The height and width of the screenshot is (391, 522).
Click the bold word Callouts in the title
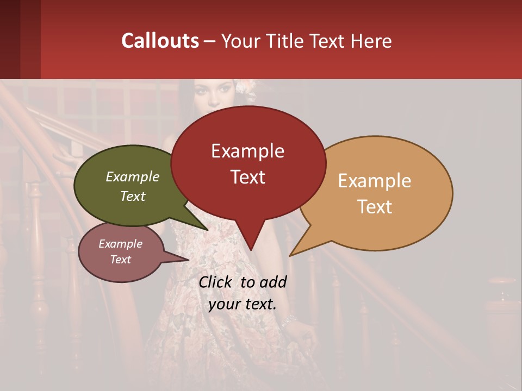tap(160, 41)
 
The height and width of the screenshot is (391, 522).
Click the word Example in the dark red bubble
tap(247, 151)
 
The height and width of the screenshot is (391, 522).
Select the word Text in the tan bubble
tap(375, 207)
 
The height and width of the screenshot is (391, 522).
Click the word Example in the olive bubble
tap(132, 176)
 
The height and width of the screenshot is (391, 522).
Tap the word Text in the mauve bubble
tap(120, 260)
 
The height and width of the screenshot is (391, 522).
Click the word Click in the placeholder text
tap(216, 282)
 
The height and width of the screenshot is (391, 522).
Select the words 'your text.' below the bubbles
tap(242, 304)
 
